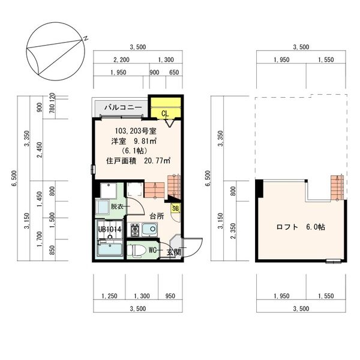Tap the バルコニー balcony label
tap(122, 107)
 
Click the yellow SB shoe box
tap(175, 208)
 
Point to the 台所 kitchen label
tap(157, 215)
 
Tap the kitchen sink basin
tap(149, 229)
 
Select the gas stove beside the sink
tap(135, 229)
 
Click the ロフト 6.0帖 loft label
tap(301, 227)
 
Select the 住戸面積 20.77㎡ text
tap(138, 160)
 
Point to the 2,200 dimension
tap(121, 60)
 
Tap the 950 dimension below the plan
tap(170, 296)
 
